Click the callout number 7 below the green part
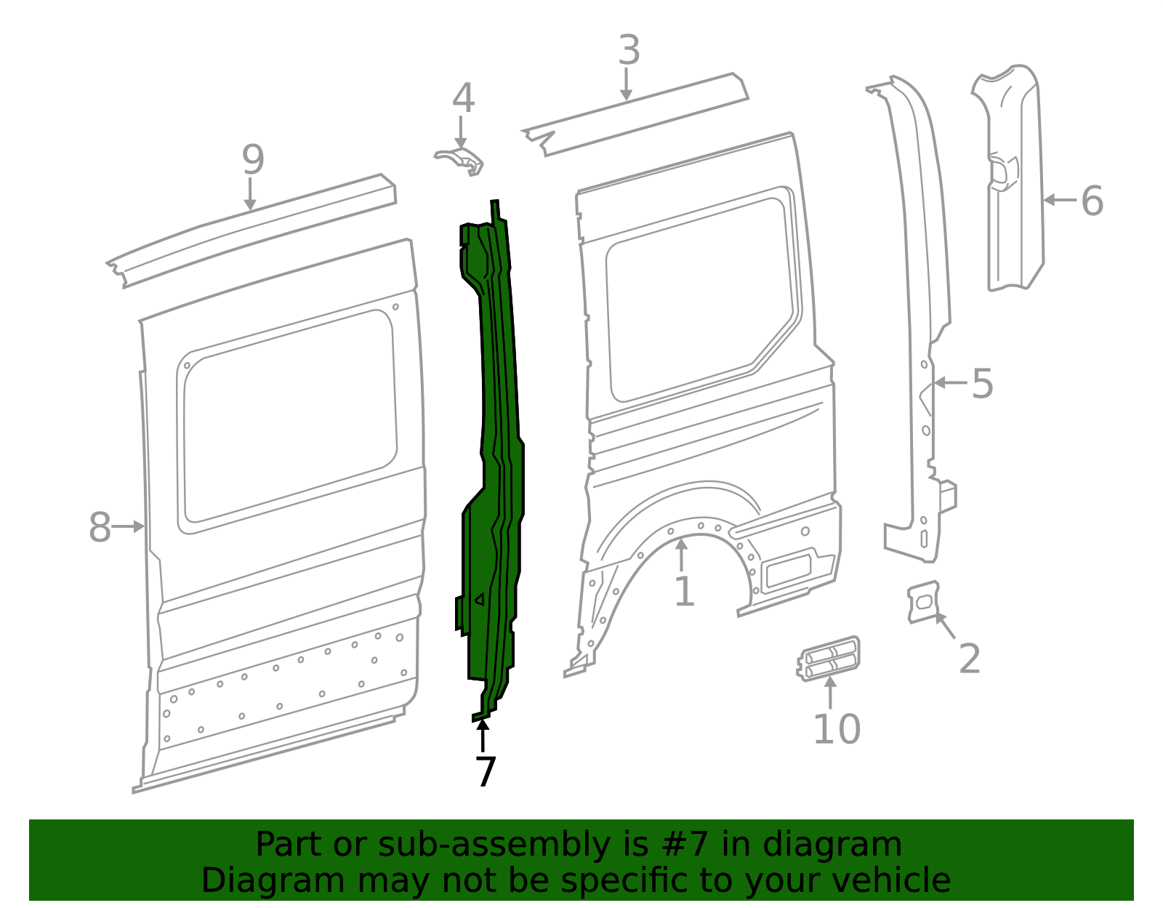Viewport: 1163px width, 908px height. point(485,771)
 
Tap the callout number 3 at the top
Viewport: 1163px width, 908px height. point(629,51)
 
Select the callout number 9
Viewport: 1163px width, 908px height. point(253,160)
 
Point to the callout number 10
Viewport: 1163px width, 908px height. point(836,729)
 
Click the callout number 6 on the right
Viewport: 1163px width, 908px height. point(1092,201)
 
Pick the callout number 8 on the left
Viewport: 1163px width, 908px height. point(100,528)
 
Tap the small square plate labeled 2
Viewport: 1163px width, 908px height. point(923,601)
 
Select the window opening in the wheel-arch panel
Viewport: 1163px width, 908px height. point(698,298)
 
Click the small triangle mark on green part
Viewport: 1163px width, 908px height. point(479,600)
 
